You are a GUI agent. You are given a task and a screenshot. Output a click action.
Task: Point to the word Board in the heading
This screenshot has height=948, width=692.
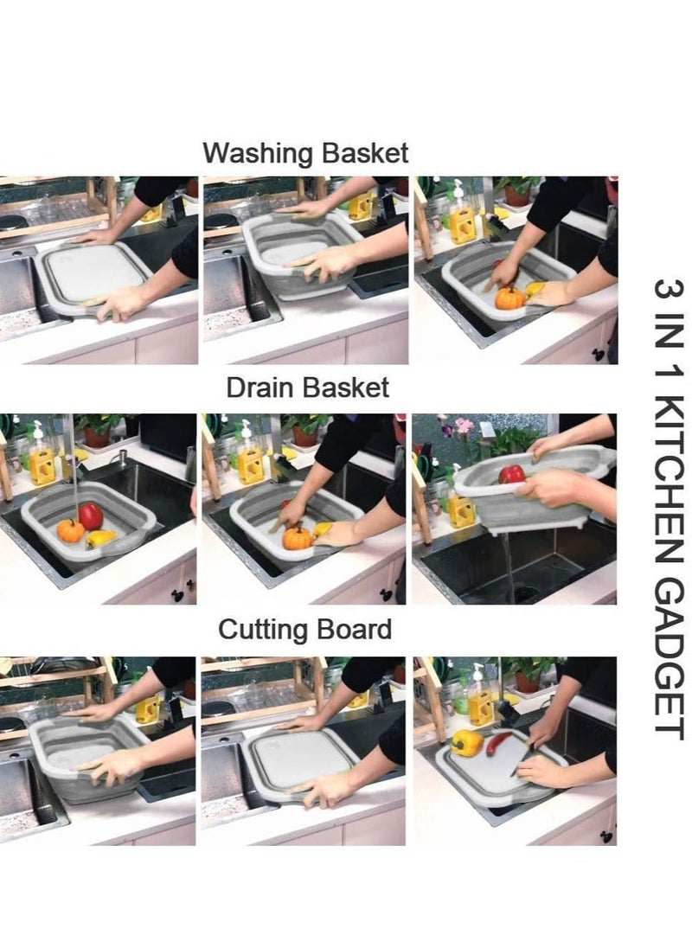[x=354, y=629]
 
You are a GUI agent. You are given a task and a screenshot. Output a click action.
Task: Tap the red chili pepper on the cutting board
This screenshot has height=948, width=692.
[x=500, y=743]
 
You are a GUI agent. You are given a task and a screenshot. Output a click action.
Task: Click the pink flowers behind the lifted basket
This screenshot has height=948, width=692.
[x=465, y=426]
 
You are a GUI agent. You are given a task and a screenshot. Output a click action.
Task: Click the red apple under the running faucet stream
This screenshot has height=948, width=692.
[x=90, y=516]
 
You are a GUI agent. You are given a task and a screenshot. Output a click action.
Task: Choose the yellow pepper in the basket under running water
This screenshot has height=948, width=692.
[x=100, y=539]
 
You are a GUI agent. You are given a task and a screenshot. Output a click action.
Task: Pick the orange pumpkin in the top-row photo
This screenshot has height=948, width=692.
[x=509, y=298]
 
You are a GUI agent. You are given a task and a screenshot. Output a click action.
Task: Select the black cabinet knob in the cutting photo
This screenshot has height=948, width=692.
[x=606, y=836]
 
